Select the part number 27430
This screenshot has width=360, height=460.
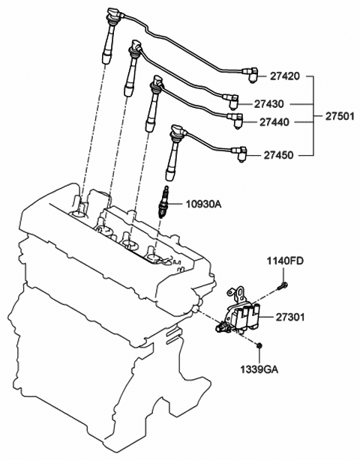pos(268,104)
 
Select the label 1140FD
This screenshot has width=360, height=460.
pos(286,261)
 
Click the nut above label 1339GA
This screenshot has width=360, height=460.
pos(258,345)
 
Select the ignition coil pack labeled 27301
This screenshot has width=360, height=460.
pos(242,315)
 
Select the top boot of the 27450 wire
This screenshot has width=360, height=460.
pos(177,135)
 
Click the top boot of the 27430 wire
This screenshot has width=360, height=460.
pos(134,50)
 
